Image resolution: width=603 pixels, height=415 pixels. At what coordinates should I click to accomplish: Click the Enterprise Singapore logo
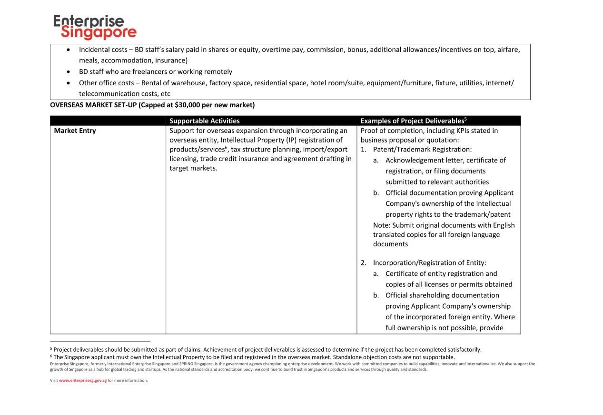95,27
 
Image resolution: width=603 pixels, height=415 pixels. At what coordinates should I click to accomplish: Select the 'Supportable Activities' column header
204,121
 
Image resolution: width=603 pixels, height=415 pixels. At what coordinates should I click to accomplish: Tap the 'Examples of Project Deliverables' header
413,121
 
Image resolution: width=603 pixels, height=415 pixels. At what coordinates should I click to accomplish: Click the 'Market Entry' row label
75,131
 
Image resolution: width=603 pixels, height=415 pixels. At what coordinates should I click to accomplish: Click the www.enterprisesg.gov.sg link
83,380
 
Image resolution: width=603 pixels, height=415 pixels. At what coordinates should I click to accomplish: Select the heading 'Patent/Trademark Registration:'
422,150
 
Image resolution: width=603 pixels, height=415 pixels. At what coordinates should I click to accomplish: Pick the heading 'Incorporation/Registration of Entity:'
429,263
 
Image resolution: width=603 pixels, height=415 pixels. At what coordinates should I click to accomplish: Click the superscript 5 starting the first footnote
51,348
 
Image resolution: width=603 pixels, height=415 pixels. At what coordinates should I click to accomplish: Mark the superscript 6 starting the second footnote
51,356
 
